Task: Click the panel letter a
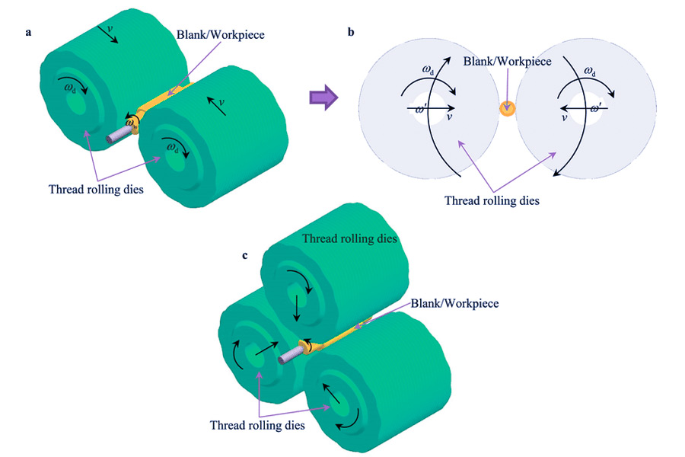tap(28, 33)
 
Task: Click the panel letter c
tap(245, 255)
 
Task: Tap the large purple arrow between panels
tap(323, 97)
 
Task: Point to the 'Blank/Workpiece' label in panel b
tap(508, 60)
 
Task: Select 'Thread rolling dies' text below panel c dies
tap(257, 425)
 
